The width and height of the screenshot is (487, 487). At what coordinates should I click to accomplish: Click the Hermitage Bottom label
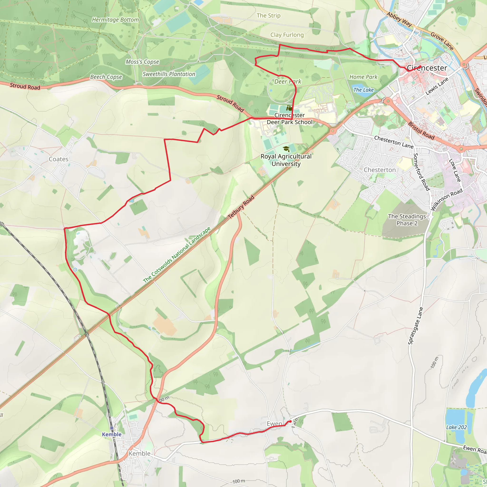pos(115,20)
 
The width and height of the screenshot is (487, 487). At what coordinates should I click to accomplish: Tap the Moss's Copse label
pos(142,62)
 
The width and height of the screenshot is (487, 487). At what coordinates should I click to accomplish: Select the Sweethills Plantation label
pos(169,74)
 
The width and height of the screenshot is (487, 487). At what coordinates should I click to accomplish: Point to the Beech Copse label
pos(106,77)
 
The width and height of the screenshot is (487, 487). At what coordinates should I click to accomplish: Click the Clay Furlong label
pos(287,35)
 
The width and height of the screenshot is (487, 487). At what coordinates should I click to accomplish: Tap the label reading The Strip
pos(268,16)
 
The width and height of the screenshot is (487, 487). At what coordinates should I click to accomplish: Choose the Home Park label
pos(363,77)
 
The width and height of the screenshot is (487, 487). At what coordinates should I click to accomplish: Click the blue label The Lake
pos(363,90)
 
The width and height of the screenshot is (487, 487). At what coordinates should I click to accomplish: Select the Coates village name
pos(58,159)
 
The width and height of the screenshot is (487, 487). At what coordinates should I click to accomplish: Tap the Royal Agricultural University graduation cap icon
pos(286,149)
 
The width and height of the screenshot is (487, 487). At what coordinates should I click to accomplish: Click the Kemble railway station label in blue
pos(112,434)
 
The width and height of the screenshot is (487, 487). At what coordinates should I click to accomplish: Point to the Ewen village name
pos(274,424)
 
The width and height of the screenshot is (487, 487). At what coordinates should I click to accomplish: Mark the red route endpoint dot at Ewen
pos(290,421)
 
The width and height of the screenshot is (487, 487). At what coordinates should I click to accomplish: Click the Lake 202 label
pos(457,427)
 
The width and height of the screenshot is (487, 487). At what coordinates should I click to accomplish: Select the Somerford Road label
pos(421,172)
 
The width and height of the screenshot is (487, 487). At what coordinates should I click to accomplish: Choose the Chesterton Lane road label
pos(394,142)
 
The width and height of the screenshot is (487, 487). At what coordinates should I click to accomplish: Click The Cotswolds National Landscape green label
pos(177,255)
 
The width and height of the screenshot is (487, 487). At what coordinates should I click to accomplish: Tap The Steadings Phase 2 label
pos(407,220)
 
